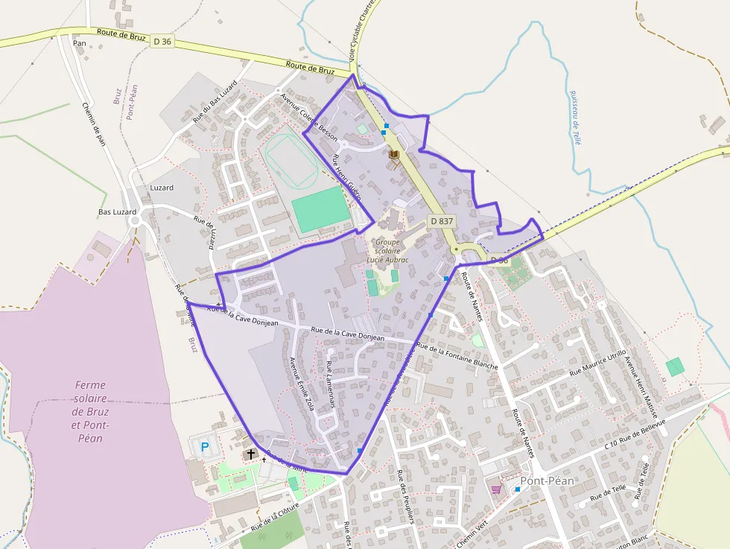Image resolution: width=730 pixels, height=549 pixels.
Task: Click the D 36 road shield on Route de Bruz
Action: click(162, 42)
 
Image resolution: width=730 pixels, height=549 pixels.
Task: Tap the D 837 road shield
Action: click(442, 221)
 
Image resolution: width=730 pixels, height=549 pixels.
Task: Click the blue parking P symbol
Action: click(205, 447)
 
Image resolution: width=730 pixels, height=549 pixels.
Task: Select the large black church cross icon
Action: click(251, 454)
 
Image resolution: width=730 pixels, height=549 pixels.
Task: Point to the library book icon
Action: click(394, 154)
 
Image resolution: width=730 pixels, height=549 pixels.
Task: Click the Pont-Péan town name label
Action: click(547, 481)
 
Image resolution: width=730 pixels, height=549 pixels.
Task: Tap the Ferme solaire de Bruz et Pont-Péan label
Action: click(90, 411)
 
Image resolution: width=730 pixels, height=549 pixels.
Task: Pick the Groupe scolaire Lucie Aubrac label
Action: click(388, 251)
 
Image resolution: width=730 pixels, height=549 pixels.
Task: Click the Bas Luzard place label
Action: click(118, 212)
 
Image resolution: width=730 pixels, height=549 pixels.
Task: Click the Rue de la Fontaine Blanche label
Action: click(457, 356)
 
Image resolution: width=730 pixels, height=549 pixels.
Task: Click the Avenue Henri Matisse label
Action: click(641, 385)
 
